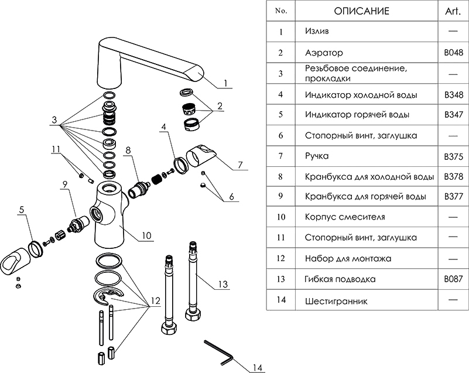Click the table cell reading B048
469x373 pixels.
tap(454, 52)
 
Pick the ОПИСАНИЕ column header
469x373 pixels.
tap(361, 11)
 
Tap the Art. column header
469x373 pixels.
tap(454, 11)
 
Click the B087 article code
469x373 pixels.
tap(454, 279)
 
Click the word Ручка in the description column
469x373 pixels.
tap(317, 156)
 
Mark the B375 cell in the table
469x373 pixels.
tap(454, 156)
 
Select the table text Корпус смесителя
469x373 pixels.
tap(345, 217)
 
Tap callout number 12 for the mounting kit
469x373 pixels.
tap(155, 302)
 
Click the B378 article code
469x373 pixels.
tap(454, 176)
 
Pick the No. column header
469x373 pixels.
tap(281, 11)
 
